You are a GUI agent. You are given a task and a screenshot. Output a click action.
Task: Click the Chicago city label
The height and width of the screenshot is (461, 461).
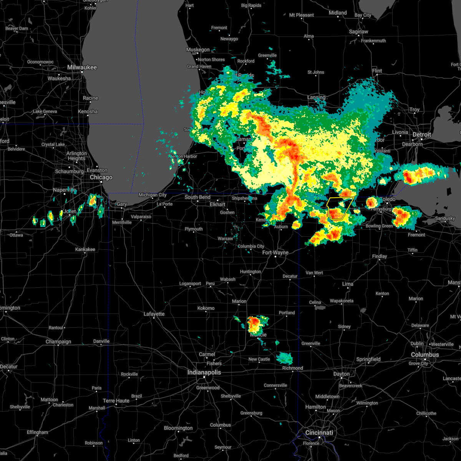101,177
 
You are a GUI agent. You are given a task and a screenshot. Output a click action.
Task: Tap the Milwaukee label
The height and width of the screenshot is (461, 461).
82,67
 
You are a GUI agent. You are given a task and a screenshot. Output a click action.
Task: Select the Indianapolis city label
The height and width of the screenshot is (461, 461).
204,372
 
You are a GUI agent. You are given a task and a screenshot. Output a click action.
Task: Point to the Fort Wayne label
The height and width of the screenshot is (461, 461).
275,252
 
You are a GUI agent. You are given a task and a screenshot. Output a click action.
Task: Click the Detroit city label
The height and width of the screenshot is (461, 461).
422,135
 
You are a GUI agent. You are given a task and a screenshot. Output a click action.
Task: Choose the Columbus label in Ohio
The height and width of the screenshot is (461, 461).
425,355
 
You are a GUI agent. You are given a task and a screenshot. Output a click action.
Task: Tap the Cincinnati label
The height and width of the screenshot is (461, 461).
319,433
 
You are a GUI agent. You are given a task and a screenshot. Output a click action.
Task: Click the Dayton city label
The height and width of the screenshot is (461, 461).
342,374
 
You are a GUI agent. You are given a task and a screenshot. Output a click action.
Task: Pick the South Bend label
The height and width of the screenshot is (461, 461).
197,197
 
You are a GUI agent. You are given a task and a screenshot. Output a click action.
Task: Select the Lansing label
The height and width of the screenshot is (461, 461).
316,97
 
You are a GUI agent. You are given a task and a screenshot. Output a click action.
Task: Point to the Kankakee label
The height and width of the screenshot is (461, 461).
85,249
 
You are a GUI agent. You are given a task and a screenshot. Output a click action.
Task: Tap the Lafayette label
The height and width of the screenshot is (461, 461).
154,314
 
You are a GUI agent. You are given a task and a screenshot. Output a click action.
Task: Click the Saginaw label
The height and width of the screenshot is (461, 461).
358,32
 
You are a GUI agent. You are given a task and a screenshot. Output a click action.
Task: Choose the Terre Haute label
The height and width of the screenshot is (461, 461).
116,401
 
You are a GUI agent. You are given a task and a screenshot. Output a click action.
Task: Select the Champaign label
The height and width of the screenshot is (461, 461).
58,342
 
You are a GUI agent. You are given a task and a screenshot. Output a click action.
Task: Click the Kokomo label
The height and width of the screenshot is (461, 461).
206,308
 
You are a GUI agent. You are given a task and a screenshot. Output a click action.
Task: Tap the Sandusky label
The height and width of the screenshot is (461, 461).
445,218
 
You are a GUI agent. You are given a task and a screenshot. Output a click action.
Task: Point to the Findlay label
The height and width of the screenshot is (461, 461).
380,256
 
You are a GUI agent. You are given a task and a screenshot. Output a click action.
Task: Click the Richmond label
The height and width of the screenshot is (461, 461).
293,368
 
